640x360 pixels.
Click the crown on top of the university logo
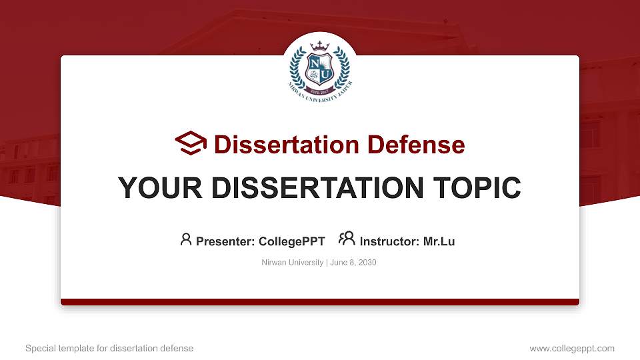point(320,47)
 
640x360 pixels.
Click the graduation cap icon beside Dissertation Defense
point(191,143)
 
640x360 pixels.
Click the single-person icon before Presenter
point(186,239)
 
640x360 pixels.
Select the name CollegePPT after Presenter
point(291,241)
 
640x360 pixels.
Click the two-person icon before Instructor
point(347,239)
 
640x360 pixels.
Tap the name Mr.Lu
point(439,241)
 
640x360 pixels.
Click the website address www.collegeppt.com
point(572,348)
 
